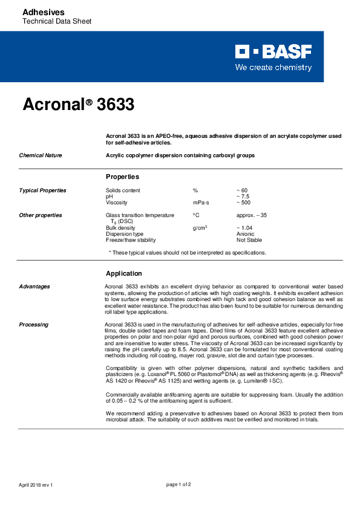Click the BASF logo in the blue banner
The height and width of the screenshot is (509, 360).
coord(273,51)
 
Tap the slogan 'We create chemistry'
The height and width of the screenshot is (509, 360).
coord(273,68)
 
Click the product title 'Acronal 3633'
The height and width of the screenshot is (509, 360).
coord(78,105)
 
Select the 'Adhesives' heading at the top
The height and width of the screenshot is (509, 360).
coord(43,12)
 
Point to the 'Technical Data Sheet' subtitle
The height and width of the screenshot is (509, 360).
coord(56,22)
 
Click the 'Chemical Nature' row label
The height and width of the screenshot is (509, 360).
coord(41,155)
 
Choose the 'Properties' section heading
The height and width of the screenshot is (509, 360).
coord(122,177)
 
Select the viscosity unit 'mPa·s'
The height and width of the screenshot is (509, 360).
coord(201,203)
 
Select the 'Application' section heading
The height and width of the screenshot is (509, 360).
coord(123,273)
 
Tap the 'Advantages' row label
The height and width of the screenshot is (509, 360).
coord(34,287)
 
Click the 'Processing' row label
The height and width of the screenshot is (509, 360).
coord(33,325)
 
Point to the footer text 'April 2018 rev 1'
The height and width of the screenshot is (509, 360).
coord(36,484)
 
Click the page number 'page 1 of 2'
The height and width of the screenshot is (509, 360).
coord(178,484)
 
